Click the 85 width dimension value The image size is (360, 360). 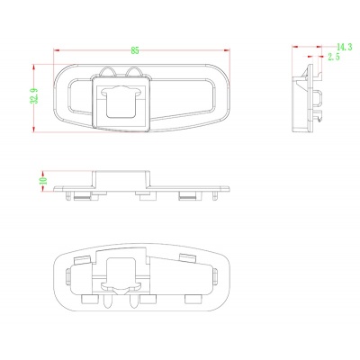[x=135, y=49]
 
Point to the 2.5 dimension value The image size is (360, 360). [x=334, y=57]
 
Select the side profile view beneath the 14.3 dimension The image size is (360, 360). [x=308, y=100]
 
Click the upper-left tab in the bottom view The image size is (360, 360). [x=80, y=259]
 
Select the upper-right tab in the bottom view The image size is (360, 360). [x=188, y=258]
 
